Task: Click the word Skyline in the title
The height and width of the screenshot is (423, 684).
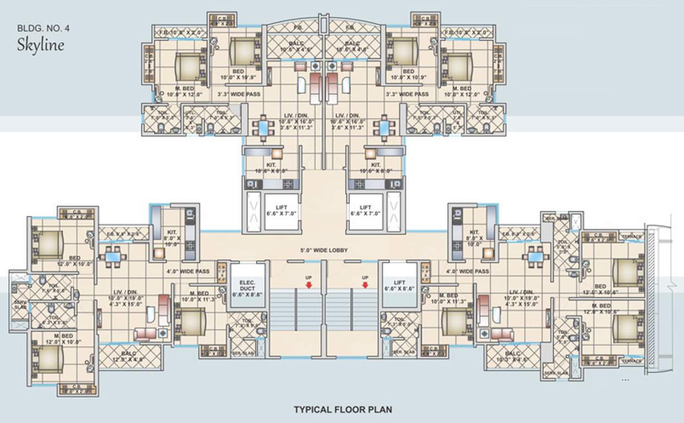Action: [40, 44]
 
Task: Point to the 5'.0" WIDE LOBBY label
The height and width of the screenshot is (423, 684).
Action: [325, 250]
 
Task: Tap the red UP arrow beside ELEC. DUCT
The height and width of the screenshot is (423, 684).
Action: [309, 285]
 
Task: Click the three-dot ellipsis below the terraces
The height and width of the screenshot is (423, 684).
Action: [625, 380]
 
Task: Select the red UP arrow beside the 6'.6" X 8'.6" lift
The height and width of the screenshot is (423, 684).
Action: [365, 285]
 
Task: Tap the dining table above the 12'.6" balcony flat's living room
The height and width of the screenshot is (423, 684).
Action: [113, 257]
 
